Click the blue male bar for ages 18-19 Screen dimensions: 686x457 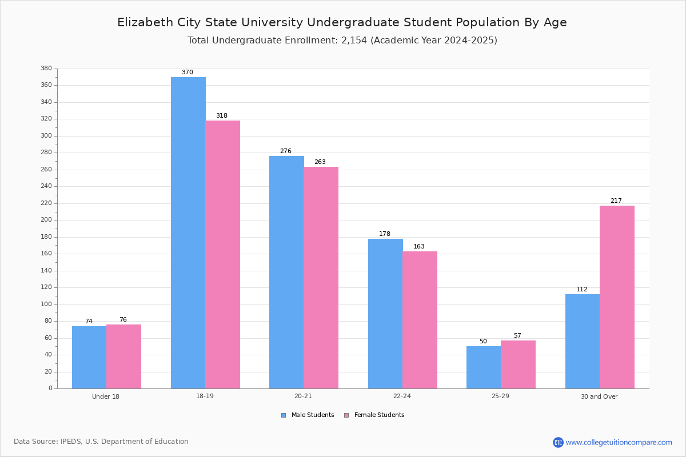[x=188, y=233]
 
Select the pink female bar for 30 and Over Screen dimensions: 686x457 [x=617, y=297]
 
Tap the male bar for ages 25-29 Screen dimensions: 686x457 [x=484, y=367]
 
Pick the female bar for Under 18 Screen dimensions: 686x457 [x=123, y=356]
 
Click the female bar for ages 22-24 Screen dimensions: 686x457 [x=420, y=320]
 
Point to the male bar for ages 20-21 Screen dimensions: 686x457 [x=286, y=272]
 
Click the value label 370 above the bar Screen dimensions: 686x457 [x=188, y=72]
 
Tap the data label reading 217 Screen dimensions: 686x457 [x=616, y=201]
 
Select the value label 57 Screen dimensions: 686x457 [x=517, y=335]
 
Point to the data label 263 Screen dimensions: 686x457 [x=320, y=162]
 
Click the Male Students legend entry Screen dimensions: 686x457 [x=308, y=415]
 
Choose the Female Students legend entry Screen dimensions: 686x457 [x=374, y=415]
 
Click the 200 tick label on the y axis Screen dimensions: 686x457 [x=46, y=220]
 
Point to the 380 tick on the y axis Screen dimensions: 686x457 [x=46, y=68]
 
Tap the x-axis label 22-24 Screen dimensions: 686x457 [x=402, y=396]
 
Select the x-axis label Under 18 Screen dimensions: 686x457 [x=106, y=396]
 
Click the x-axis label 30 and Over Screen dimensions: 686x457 [x=599, y=396]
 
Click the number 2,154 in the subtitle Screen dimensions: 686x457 [x=354, y=41]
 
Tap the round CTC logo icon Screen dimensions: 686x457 [x=558, y=442]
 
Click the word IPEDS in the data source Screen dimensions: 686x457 [x=71, y=442]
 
